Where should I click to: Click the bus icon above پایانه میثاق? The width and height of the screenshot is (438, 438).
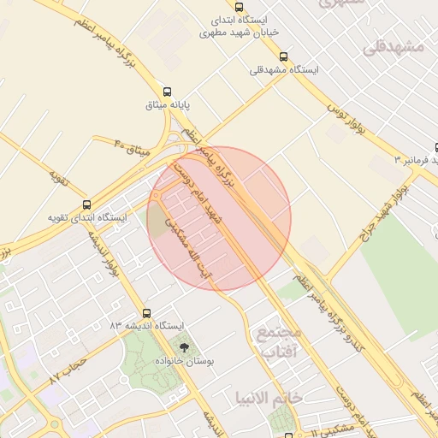coord(167,92)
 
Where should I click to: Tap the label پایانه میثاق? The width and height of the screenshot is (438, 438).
coord(168,105)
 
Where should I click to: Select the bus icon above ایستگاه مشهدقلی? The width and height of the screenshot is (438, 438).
coord(283,56)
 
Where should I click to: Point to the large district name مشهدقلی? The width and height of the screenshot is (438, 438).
coord(393,47)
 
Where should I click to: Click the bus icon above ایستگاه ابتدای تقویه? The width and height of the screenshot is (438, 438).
coord(86,204)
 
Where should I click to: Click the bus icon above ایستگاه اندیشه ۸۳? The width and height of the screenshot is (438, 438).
coord(146,313)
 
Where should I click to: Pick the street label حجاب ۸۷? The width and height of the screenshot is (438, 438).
coord(68,370)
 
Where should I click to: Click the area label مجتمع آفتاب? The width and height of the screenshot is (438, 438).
coord(280,341)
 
